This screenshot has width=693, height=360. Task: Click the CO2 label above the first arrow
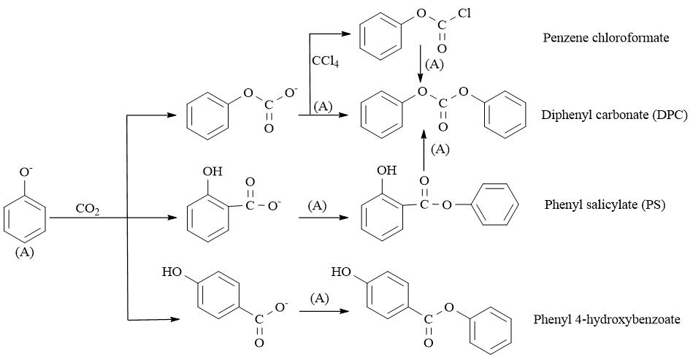tap(88, 209)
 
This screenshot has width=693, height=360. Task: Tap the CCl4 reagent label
tap(325, 61)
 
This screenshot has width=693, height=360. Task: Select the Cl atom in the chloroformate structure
tap(464, 13)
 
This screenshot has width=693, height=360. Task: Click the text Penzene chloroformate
tap(606, 37)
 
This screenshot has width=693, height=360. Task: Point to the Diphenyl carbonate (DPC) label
tap(615, 115)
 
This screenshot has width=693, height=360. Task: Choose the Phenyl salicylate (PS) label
tap(605, 205)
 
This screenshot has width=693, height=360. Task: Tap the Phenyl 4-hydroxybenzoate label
tap(607, 319)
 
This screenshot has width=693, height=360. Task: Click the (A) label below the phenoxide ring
tap(24, 252)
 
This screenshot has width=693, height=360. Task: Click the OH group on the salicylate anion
tap(213, 172)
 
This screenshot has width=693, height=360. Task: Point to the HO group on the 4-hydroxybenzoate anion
tap(172, 272)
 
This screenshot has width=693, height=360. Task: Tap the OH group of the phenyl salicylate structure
tap(387, 170)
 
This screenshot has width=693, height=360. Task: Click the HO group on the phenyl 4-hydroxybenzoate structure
tap(341, 272)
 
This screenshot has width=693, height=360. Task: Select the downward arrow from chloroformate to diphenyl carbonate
tap(421, 64)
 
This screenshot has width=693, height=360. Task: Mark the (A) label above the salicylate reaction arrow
tap(317, 205)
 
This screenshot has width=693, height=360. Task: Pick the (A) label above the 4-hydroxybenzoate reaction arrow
tap(319, 299)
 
